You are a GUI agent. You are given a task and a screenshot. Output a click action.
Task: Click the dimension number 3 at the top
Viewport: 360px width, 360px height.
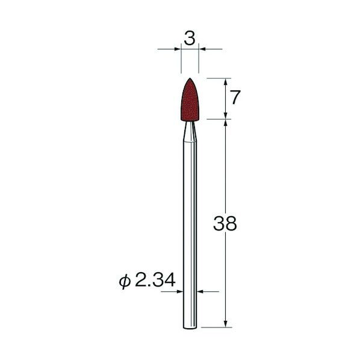click(190, 38)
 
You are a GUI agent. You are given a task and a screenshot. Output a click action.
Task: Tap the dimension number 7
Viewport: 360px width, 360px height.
click(235, 98)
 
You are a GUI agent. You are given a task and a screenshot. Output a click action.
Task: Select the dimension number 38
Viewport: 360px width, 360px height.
click(225, 223)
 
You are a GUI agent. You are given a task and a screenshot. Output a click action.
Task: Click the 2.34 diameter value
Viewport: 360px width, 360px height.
click(155, 280)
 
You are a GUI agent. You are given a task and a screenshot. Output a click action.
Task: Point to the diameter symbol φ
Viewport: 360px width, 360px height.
click(125, 281)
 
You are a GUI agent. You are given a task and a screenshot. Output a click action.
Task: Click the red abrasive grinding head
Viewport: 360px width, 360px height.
click(190, 100)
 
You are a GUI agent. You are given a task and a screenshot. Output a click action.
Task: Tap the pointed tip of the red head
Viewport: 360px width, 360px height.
click(190, 78)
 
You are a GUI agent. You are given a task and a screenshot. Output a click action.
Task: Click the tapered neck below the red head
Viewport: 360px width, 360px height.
click(190, 131)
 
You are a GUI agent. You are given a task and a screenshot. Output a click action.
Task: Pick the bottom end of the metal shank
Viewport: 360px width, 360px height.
click(190, 328)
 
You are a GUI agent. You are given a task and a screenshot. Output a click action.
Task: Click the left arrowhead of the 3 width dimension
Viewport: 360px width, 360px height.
click(178, 49)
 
